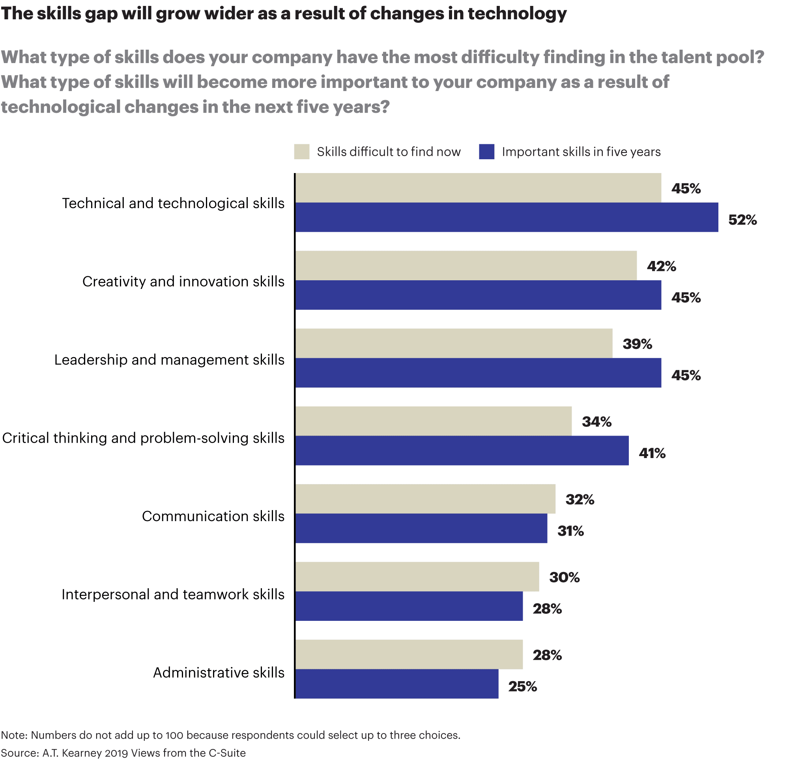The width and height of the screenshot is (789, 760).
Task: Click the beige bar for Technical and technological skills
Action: tap(478, 188)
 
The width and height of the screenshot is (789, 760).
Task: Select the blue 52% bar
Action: tap(507, 217)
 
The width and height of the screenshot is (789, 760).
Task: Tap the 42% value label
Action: tap(662, 266)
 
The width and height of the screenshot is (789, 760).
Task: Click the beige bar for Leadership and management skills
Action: tap(454, 343)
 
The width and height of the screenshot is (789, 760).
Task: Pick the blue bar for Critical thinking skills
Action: tap(462, 451)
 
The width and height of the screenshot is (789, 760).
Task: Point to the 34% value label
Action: tap(596, 422)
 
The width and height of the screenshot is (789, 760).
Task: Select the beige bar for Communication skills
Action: tap(425, 499)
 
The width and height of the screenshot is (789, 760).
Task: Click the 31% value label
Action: tap(570, 531)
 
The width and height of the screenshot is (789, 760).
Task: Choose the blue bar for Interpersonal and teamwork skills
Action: tap(409, 606)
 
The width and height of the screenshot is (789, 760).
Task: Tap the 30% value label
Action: tap(565, 577)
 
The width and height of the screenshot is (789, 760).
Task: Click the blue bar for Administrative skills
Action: tap(397, 684)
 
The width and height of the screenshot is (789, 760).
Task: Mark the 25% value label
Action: tap(522, 686)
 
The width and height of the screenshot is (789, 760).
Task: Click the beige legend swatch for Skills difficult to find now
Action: tap(301, 152)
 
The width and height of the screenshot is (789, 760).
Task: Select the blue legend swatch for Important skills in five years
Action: tap(486, 152)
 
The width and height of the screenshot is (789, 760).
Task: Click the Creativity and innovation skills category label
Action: tap(183, 281)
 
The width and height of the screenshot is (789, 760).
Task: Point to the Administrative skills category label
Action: tap(219, 673)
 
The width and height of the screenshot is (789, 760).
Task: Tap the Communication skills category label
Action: tap(213, 516)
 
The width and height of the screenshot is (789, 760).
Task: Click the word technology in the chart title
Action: tap(517, 13)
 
